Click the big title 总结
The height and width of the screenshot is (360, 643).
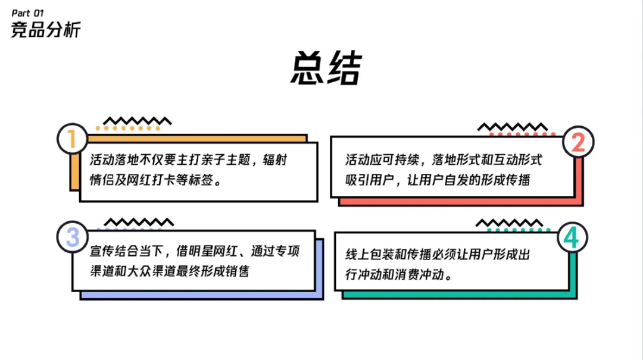click(x=326, y=70)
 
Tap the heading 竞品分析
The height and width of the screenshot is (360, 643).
click(x=45, y=30)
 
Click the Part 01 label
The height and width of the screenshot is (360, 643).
click(x=27, y=12)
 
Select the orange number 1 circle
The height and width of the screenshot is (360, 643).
click(x=72, y=140)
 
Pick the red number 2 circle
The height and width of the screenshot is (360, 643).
click(x=578, y=142)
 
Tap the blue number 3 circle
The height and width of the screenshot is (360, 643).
click(x=72, y=237)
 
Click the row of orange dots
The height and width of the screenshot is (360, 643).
click(x=128, y=128)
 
